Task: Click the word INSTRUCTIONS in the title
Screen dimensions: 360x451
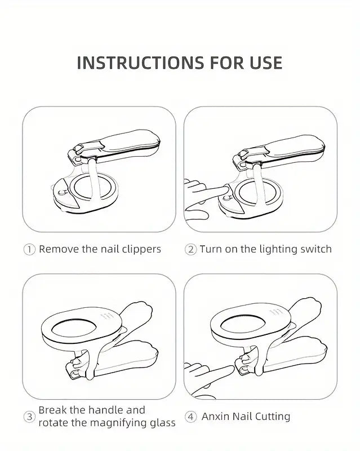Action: (x=140, y=63)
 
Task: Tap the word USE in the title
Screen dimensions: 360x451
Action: (x=266, y=63)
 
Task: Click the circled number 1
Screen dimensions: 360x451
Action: (x=29, y=249)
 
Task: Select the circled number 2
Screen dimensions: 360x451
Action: (x=190, y=249)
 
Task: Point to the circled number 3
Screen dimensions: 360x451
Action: (x=29, y=417)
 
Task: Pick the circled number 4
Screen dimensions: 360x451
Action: (x=190, y=417)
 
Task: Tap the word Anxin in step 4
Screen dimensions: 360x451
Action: (x=215, y=416)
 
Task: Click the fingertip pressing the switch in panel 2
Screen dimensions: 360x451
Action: (x=226, y=189)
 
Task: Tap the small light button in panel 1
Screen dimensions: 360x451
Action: (x=61, y=192)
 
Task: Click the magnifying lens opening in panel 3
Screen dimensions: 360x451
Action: (x=74, y=328)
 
